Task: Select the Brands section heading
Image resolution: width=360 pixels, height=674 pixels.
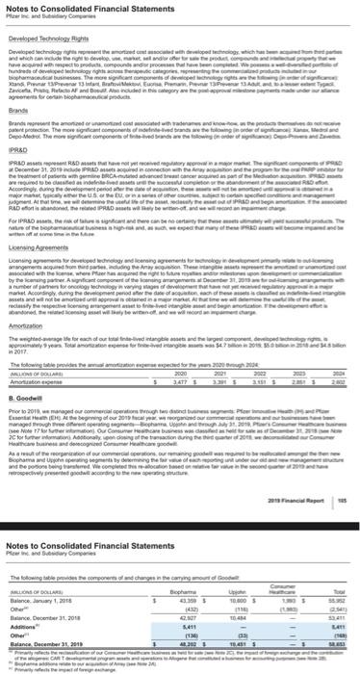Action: [x=16, y=110]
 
